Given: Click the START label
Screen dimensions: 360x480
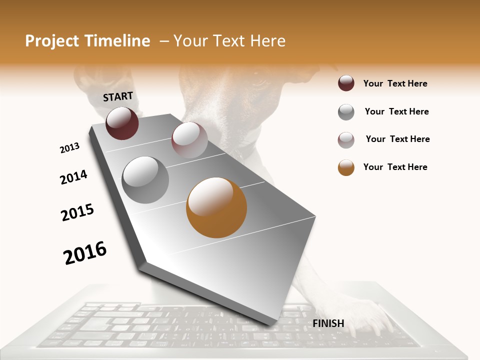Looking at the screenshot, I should click(118, 96).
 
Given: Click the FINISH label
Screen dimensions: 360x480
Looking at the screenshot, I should click(328, 323).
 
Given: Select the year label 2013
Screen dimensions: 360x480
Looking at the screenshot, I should click(69, 148).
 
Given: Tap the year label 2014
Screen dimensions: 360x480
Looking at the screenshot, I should click(73, 177).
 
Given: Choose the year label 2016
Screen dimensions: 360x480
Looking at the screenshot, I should click(85, 252).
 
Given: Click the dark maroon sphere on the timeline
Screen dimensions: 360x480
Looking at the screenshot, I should click(122, 123).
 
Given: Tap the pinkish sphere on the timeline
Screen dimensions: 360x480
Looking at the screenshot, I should click(189, 140).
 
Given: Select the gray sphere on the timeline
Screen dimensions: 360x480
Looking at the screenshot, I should click(145, 179).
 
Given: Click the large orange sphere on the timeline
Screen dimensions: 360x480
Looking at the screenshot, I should click(216, 207).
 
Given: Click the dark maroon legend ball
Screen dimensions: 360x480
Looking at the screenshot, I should click(346, 83).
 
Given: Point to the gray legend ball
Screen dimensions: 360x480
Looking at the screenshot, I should click(346, 112).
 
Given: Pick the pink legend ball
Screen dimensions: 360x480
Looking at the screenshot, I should click(346, 140).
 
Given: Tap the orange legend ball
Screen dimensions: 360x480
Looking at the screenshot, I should click(346, 167).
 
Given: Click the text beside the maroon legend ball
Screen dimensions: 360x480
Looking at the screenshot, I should click(395, 83).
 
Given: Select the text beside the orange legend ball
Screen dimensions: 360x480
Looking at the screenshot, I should click(395, 167).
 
